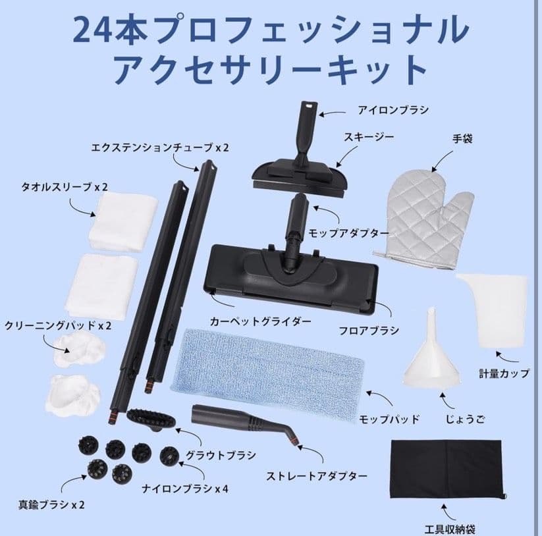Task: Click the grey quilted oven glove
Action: [425, 214]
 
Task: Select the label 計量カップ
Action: [504, 373]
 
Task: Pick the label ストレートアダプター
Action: [317, 475]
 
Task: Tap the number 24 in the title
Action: [92, 30]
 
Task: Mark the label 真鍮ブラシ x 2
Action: [52, 505]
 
